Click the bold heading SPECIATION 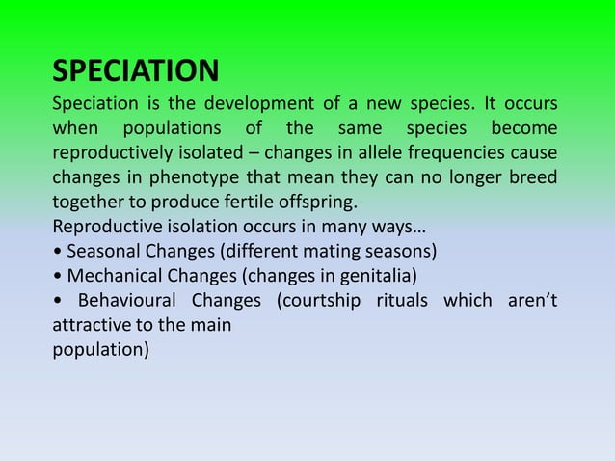click(135, 71)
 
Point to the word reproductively click(113, 153)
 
